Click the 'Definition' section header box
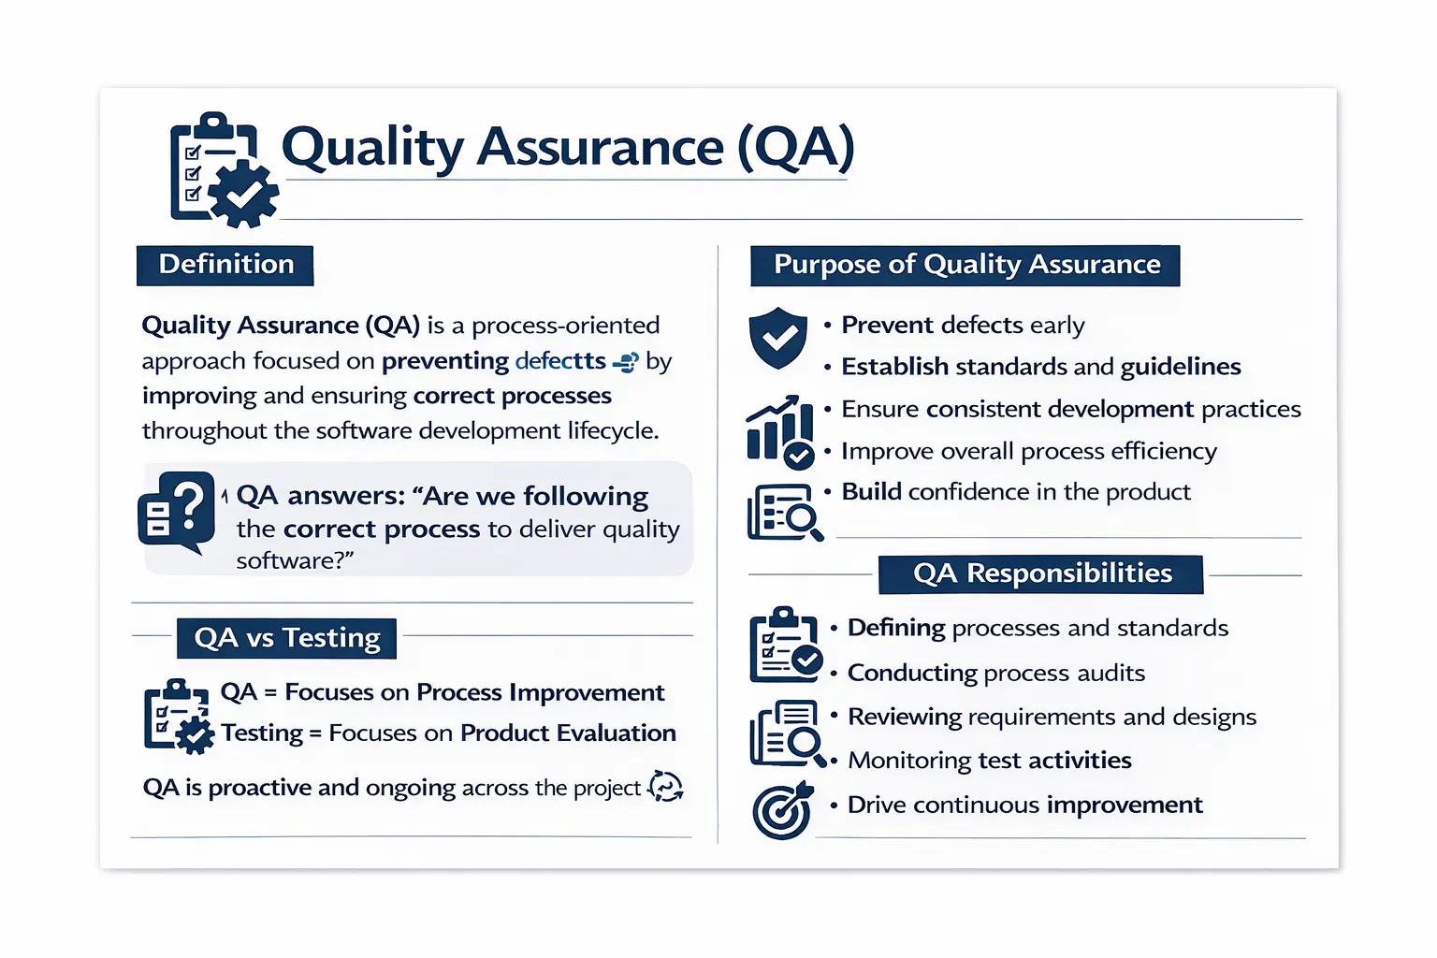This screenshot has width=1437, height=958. tap(225, 265)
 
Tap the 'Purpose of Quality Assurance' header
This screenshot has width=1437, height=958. tap(965, 265)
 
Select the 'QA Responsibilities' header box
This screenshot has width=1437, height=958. tap(1040, 573)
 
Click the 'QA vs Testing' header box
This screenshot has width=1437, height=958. tap(286, 638)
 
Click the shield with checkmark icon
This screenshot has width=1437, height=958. tap(777, 338)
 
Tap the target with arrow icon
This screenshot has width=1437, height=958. tap(783, 810)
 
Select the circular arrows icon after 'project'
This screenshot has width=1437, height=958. tap(665, 787)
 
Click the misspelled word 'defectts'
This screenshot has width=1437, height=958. tap(559, 361)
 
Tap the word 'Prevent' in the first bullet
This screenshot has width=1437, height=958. tap(887, 325)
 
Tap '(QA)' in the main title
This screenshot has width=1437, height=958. tap(795, 147)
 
